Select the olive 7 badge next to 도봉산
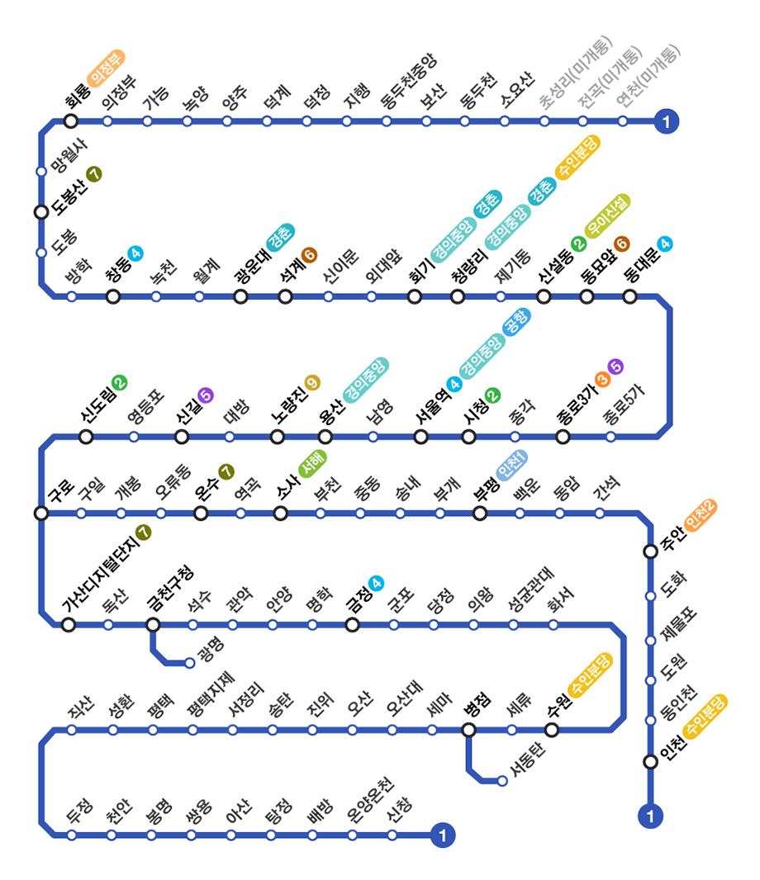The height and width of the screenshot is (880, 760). pyautogui.click(x=94, y=174)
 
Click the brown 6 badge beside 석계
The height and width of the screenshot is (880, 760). pyautogui.click(x=310, y=255)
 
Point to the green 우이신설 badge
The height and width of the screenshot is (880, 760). pyautogui.click(x=607, y=215)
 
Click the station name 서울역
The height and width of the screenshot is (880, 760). pyautogui.click(x=431, y=407)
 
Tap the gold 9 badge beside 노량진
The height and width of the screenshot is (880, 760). pyautogui.click(x=311, y=381)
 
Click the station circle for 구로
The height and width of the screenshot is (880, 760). pyautogui.click(x=41, y=513)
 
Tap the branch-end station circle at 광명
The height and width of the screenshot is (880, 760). pyautogui.click(x=190, y=662)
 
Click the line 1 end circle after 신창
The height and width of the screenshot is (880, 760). pyautogui.click(x=444, y=835)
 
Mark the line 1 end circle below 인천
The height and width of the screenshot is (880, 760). pyautogui.click(x=650, y=817)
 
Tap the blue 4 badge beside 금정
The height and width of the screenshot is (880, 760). pyautogui.click(x=377, y=584)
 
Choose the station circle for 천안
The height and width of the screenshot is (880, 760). pyautogui.click(x=112, y=835)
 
